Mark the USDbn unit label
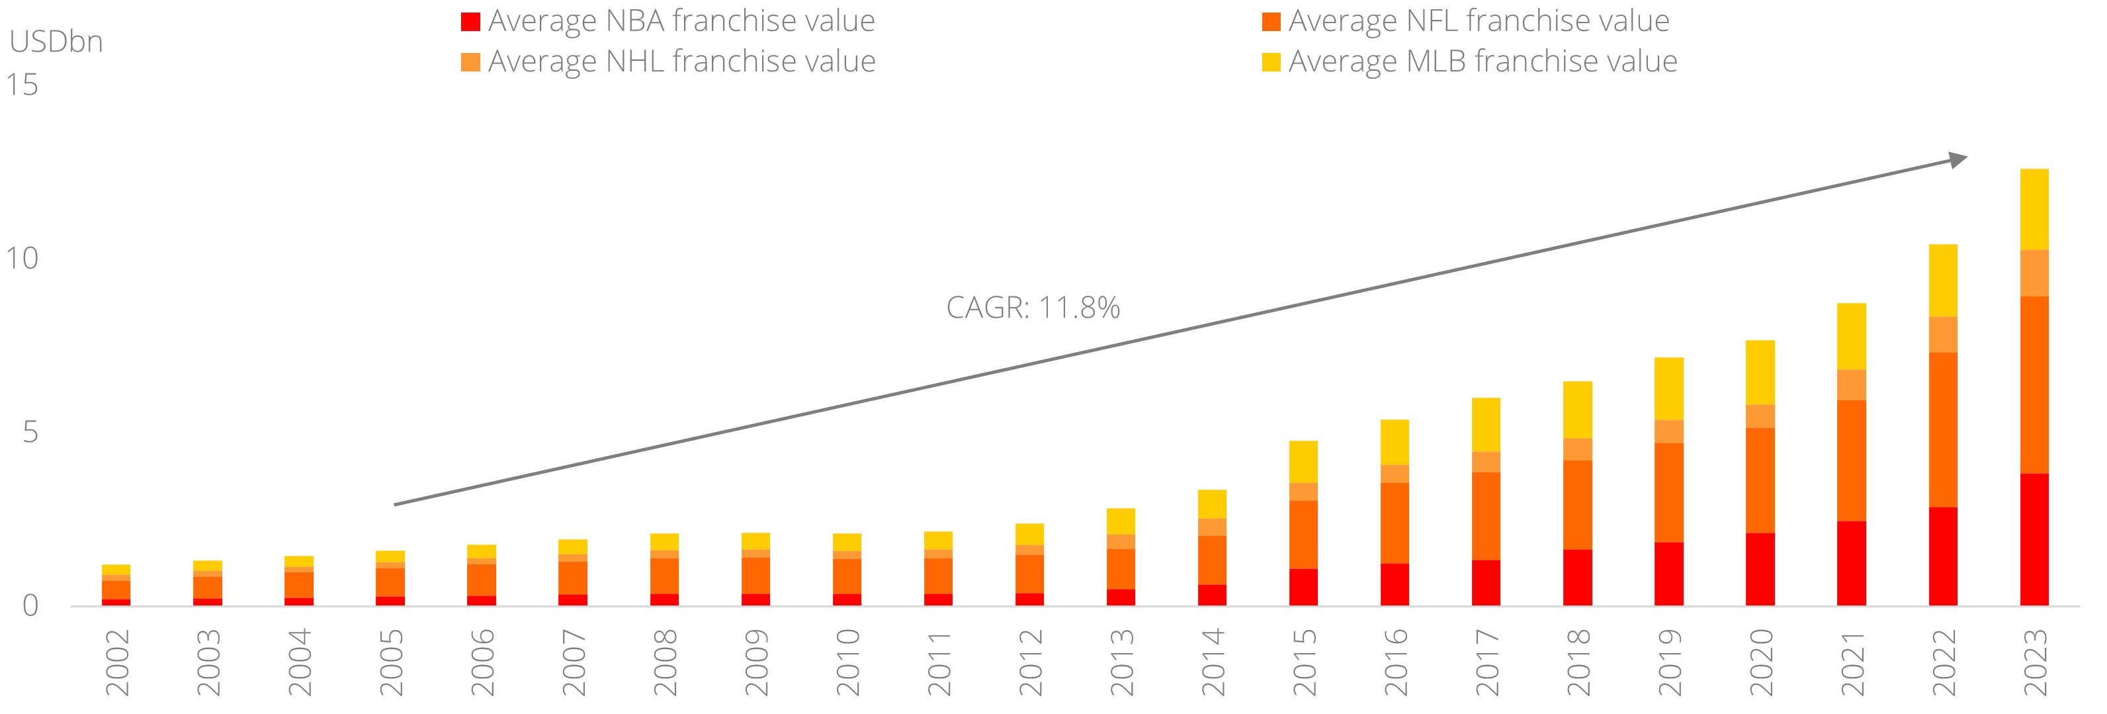[x=56, y=42]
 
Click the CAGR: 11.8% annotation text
[x=1032, y=308]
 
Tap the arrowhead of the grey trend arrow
[x=1957, y=159]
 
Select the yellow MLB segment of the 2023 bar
[x=2034, y=209]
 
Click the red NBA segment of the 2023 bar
[x=2034, y=540]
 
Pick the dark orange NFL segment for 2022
[x=1942, y=429]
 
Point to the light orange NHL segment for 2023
[x=2034, y=273]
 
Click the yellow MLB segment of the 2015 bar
[x=1303, y=462]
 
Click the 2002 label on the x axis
[x=118, y=662]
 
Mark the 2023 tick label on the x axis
[x=2035, y=662]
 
